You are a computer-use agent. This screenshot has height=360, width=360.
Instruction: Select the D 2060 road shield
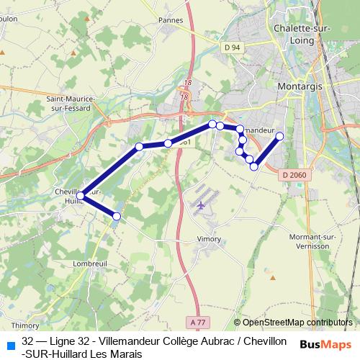pos(294,174)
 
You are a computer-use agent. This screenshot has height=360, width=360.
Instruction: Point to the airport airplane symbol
pos(201,205)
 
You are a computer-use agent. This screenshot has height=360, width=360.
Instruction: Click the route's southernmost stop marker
pos(117,216)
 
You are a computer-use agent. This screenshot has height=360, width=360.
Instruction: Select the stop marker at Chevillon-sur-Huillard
pos(81,195)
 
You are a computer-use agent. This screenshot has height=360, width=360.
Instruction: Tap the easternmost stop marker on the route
pos(279,136)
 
